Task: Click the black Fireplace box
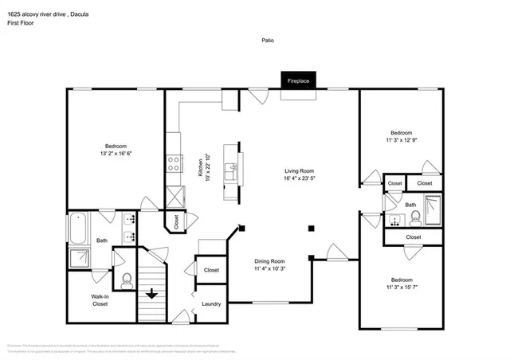point(298,80)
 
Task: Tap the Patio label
point(267,40)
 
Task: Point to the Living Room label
point(300,170)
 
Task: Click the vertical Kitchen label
point(199,167)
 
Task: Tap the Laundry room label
point(211,303)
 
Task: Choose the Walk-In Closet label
point(100,299)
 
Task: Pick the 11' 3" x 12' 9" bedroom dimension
point(401,140)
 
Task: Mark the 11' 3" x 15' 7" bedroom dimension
point(401,288)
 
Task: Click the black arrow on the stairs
point(151,293)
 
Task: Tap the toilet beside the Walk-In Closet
point(127,280)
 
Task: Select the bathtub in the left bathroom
point(78,230)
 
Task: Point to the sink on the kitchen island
point(231,168)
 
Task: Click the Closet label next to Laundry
point(211,270)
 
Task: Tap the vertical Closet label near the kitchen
point(176,222)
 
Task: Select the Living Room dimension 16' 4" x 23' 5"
point(300,179)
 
